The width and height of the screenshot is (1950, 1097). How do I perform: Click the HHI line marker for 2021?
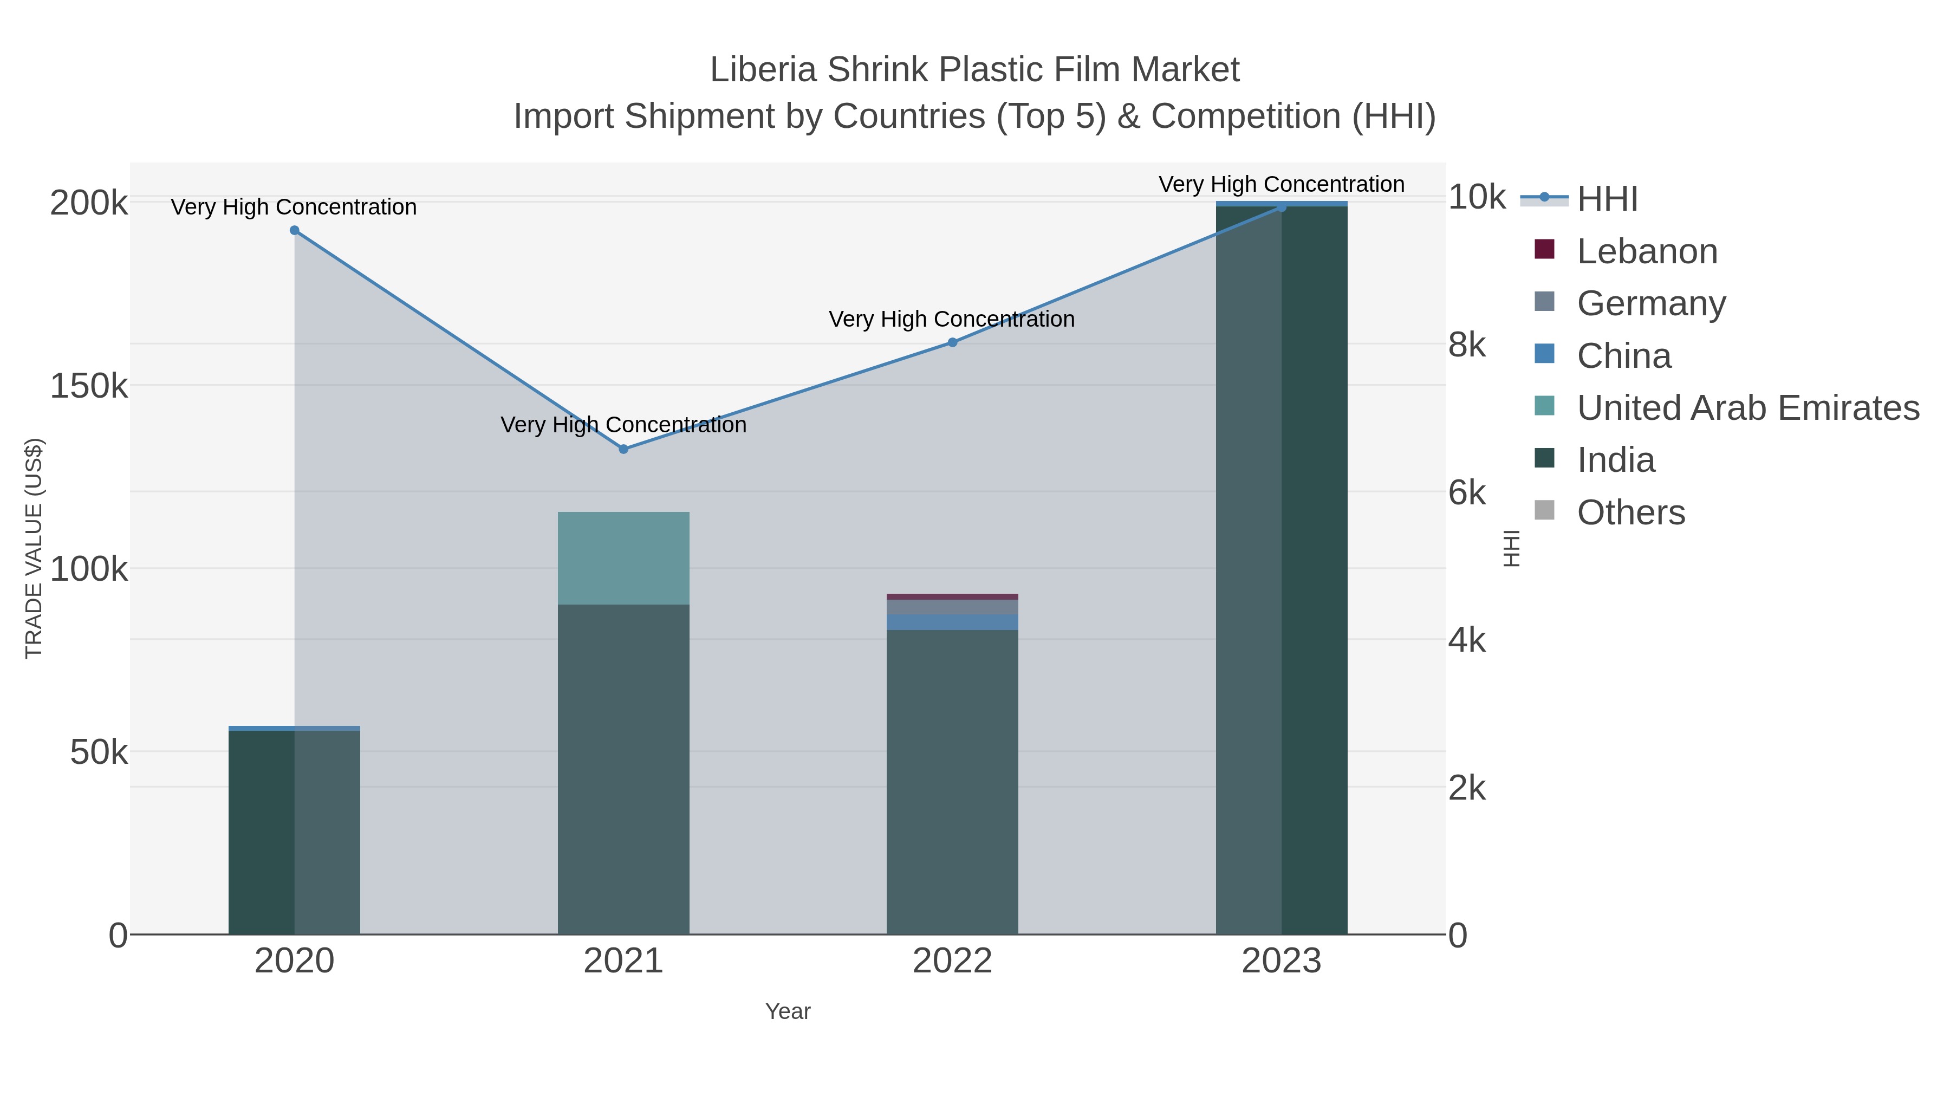[623, 449]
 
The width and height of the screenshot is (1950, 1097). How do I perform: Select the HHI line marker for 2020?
[295, 231]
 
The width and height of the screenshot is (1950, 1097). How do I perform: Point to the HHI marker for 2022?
[952, 342]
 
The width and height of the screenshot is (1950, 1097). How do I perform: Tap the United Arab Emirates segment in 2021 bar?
[623, 558]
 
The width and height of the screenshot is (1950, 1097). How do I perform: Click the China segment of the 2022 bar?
[952, 622]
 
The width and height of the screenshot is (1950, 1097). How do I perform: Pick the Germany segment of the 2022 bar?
[952, 607]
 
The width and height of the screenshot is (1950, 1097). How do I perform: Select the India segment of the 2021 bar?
[623, 768]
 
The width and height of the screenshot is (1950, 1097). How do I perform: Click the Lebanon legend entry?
[1647, 251]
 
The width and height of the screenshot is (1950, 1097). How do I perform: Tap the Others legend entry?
[1630, 512]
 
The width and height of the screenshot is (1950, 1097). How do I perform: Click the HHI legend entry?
[1607, 199]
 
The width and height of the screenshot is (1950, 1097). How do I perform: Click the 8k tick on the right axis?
[1467, 345]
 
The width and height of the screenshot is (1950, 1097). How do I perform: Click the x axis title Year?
[787, 1011]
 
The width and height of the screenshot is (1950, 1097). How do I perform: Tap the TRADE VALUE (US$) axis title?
[34, 548]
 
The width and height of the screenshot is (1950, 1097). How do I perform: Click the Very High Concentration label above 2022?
[952, 320]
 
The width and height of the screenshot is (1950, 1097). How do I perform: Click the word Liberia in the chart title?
[764, 70]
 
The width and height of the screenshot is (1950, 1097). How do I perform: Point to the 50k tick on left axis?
[99, 752]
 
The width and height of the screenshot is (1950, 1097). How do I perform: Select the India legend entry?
[1615, 460]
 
